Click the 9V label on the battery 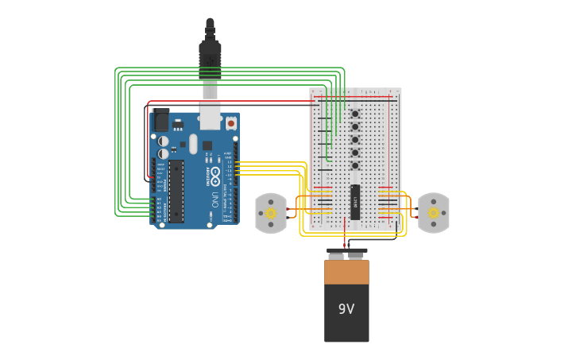point(346,309)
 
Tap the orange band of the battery point(346,272)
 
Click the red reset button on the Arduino point(231,123)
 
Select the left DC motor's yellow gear point(271,213)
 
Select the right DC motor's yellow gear point(433,213)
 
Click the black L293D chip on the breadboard point(355,202)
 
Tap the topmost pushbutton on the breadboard point(355,114)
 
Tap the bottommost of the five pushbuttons point(355,165)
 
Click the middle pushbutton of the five point(355,139)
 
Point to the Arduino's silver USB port point(210,116)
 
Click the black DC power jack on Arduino point(161,120)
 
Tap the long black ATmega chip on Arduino point(176,192)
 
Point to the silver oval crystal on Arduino point(193,144)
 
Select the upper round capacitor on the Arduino point(163,141)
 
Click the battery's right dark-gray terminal point(356,256)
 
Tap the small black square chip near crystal point(207,145)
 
